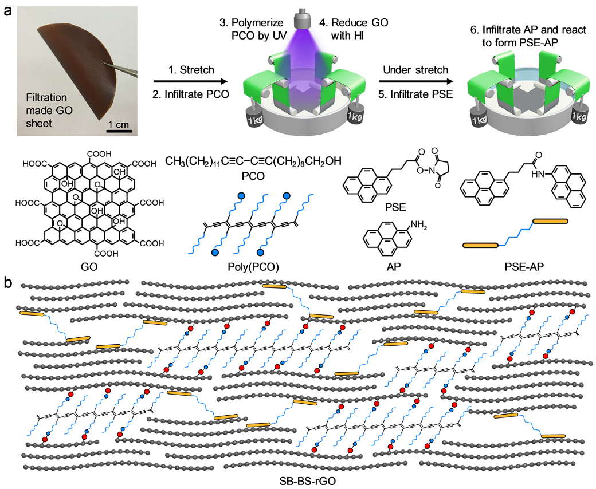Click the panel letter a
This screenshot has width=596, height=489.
coord(7,10)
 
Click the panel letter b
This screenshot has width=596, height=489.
coord(7,282)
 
